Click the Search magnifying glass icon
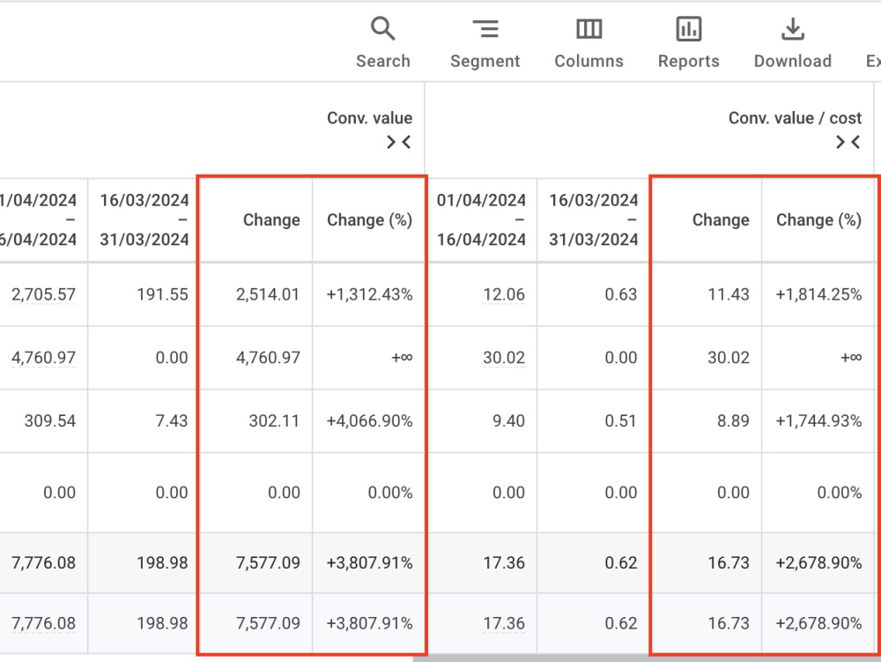click(382, 28)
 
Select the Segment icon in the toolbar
click(485, 29)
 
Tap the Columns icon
click(589, 29)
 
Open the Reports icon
click(688, 29)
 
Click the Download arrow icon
click(793, 29)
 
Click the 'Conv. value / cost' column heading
click(795, 118)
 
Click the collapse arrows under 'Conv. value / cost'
click(848, 142)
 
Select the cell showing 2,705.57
click(43, 294)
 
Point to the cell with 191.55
click(162, 294)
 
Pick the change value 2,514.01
click(268, 294)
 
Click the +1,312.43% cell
click(370, 294)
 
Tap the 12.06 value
click(504, 294)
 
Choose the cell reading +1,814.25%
click(818, 294)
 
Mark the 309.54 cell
click(50, 421)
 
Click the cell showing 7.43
click(172, 421)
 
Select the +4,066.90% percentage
click(370, 421)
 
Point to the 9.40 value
click(508, 421)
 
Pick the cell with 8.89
click(733, 421)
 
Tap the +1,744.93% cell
click(818, 421)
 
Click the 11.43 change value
click(729, 294)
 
